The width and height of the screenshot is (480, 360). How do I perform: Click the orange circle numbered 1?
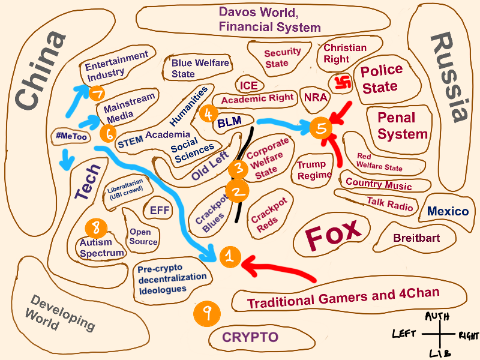click(x=229, y=257)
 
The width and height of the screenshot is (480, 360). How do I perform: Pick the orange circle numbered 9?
click(x=207, y=312)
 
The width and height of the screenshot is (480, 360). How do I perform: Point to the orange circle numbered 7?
click(x=97, y=92)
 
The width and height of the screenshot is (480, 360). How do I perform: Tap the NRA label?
click(x=316, y=97)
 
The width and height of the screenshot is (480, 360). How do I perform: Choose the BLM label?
click(x=229, y=122)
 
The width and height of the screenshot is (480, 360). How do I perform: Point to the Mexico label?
click(x=448, y=211)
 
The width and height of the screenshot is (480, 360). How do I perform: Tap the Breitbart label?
click(x=416, y=238)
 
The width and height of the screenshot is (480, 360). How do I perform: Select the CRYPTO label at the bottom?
click(x=251, y=337)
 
